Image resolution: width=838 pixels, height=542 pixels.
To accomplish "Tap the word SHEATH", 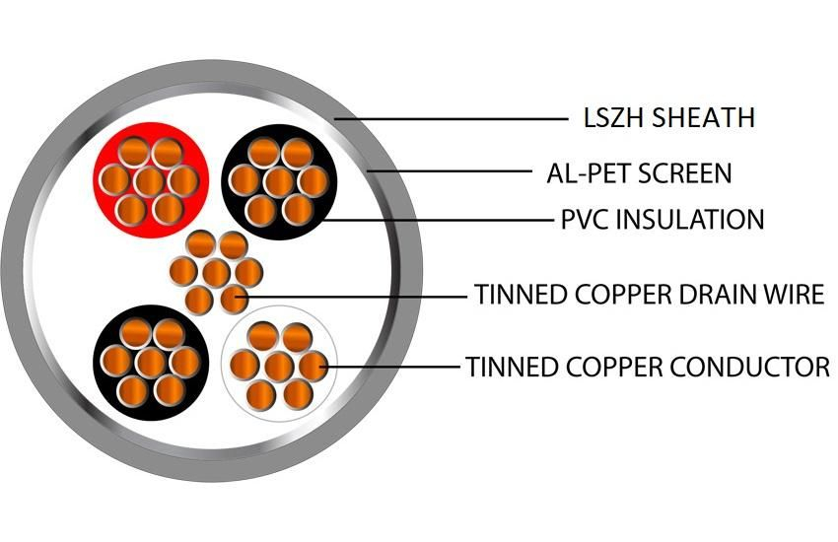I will [x=701, y=118].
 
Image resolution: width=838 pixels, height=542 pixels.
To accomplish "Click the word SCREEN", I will [x=685, y=174].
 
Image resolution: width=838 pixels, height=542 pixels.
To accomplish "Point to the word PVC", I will [x=583, y=219].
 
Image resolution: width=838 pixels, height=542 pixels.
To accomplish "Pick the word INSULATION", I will [x=689, y=219].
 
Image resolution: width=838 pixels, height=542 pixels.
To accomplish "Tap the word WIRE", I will [x=794, y=295].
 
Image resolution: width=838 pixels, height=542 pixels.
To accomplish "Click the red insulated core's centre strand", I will [x=150, y=180].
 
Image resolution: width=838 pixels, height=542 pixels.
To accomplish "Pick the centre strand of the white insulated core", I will [x=279, y=366].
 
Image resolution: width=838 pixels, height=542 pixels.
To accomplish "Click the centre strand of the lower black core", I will [x=150, y=363].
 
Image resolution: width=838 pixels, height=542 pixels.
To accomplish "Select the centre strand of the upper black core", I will [x=279, y=180].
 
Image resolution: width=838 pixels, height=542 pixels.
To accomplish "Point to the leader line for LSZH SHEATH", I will [x=454, y=119].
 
